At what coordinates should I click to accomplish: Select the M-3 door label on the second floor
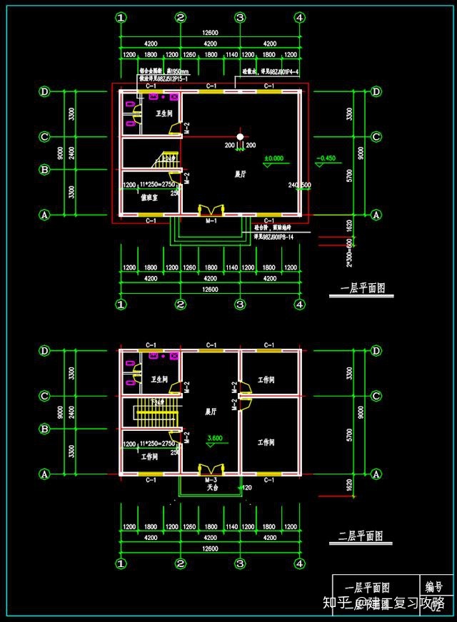click(211, 480)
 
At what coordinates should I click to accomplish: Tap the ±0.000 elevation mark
click(273, 158)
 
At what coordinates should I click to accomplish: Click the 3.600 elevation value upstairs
click(214, 438)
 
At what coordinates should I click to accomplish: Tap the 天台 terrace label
click(212, 488)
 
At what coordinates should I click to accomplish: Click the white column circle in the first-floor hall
click(241, 136)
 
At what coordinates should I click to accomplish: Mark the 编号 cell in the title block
click(434, 586)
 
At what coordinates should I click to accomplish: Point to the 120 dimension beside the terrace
click(248, 488)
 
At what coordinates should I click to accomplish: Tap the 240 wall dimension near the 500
click(293, 185)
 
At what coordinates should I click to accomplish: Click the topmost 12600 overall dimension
click(210, 31)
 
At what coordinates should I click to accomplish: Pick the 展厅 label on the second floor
click(210, 412)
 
